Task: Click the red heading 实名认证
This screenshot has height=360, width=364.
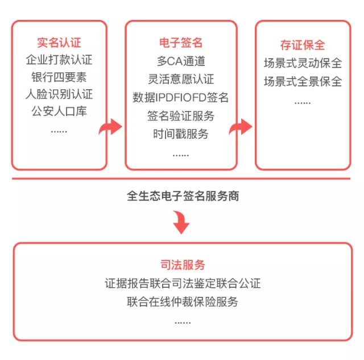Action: tap(59, 43)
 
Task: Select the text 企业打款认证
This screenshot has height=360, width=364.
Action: tap(59, 60)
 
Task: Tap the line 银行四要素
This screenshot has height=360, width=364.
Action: tap(59, 77)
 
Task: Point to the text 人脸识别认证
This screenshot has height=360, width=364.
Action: tap(59, 94)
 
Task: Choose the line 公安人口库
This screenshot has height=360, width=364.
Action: tap(59, 111)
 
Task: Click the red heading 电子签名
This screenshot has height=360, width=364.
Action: tap(181, 43)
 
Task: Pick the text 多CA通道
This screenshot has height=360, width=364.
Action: tap(181, 61)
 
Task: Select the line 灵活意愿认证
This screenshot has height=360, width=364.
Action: tap(181, 79)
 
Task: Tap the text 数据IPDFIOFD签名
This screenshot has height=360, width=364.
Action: tap(181, 97)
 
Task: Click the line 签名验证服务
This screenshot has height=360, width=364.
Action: tap(181, 116)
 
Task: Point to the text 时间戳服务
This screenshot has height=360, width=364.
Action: tap(181, 134)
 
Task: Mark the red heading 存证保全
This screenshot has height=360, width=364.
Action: tap(303, 45)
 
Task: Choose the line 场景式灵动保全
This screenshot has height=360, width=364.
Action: tap(303, 63)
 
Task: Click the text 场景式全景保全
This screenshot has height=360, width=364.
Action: tap(303, 81)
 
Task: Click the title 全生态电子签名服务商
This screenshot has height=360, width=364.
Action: tap(183, 196)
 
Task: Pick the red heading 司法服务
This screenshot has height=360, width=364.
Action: tap(183, 265)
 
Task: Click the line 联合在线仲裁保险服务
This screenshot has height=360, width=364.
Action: tap(183, 302)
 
